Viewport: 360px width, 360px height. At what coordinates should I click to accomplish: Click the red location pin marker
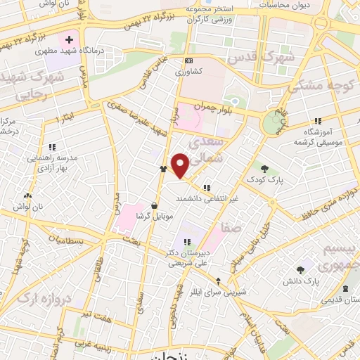point(181,166)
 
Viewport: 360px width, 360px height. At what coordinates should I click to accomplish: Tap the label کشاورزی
point(191,72)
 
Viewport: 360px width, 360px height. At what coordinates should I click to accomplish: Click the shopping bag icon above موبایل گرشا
point(154,205)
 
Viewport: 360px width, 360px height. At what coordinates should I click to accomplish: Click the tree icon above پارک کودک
point(264,168)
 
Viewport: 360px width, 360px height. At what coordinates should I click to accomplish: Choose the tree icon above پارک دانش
point(301,270)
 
